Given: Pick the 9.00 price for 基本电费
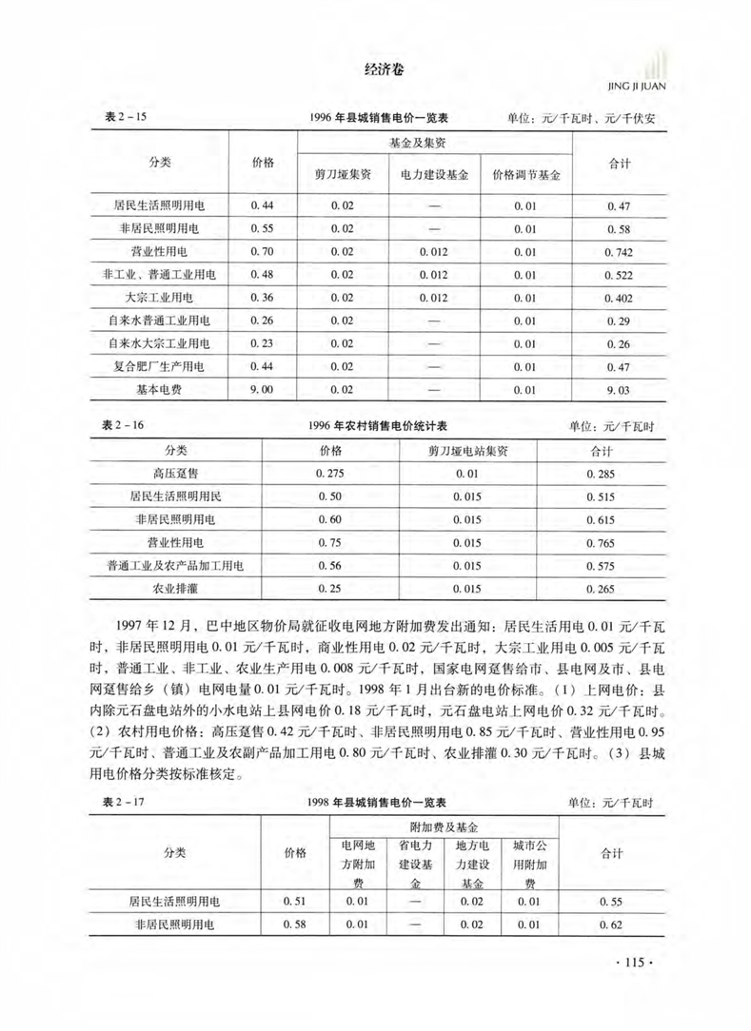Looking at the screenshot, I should (262, 388).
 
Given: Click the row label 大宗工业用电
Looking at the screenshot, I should (167, 297).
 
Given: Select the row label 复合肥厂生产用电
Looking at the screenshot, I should (167, 365).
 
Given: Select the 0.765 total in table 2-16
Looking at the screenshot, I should (601, 543).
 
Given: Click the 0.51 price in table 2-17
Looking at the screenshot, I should (294, 900).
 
